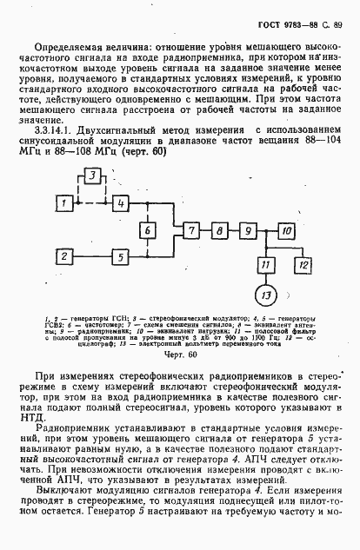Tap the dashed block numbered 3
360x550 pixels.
[x=92, y=176]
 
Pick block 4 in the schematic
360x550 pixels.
[x=118, y=202]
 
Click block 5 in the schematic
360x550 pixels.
[x=118, y=256]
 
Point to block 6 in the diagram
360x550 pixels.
[x=149, y=230]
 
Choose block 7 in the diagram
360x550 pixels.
[x=189, y=230]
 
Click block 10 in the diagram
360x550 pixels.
[x=286, y=230]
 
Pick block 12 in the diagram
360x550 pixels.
[x=301, y=262]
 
